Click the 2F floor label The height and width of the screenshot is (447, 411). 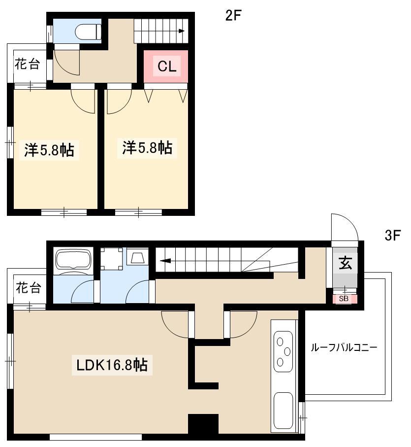233,15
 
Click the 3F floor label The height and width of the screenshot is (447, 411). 392,236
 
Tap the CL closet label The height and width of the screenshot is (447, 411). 167,66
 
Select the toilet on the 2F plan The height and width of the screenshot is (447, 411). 88,32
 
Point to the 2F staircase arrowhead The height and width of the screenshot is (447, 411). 182,31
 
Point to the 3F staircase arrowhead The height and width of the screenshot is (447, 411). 165,261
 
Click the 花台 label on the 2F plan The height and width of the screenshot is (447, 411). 27,64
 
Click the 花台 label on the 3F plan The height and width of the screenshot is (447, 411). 28,288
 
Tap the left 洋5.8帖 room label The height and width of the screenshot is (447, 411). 49,150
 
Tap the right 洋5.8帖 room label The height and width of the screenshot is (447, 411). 147,148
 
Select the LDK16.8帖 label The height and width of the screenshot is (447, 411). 112,365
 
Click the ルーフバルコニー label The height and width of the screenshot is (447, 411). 344,347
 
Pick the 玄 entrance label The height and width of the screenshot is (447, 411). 345,263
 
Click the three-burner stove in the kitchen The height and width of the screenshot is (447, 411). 283,351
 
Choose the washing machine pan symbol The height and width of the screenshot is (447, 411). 112,259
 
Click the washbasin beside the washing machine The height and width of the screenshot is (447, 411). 137,257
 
